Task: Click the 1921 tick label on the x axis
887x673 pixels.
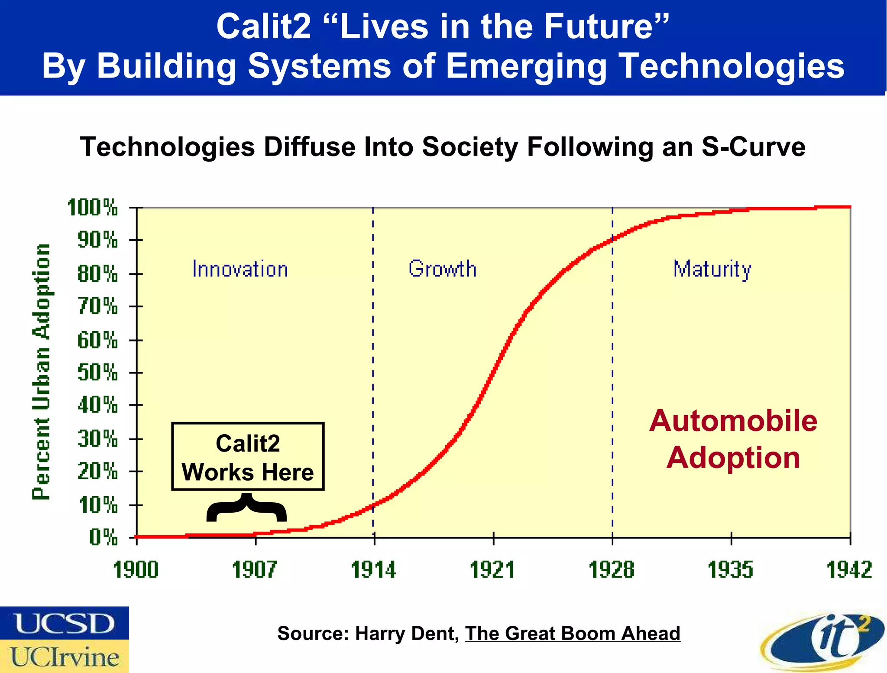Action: point(492,569)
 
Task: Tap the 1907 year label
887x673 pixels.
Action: point(255,569)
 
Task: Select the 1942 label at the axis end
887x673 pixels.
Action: point(849,569)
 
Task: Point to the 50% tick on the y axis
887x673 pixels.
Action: point(97,372)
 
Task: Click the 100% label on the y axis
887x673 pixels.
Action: point(93,208)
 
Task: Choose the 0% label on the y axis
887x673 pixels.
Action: point(104,538)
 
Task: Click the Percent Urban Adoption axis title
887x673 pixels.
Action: point(42,371)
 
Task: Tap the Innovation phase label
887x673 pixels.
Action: point(240,269)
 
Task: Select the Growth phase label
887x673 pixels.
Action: point(442,269)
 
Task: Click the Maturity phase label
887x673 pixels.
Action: point(712,269)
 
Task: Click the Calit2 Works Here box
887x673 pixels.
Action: point(248,457)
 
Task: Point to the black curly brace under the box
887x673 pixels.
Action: point(246,508)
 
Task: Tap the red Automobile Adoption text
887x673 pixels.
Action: point(733,439)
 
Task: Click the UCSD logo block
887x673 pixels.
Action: point(65,623)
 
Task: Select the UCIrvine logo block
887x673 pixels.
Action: point(65,657)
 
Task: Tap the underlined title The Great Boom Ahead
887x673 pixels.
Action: point(573,634)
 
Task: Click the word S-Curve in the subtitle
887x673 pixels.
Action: point(753,146)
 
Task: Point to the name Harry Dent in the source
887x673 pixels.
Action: point(407,634)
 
